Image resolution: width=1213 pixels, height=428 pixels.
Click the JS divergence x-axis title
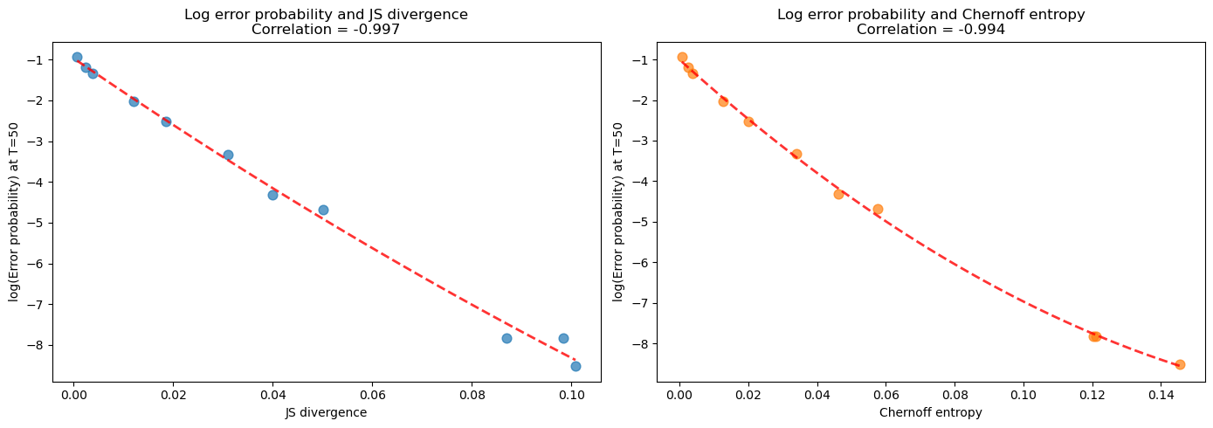click(x=326, y=412)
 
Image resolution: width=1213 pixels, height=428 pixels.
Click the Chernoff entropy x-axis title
click(x=930, y=412)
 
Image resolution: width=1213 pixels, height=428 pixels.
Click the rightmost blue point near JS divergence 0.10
click(x=575, y=366)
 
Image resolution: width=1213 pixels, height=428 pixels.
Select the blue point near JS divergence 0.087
click(x=507, y=338)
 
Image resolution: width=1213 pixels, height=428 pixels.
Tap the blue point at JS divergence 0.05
click(x=323, y=210)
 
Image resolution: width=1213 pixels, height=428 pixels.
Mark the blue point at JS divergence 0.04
click(x=272, y=195)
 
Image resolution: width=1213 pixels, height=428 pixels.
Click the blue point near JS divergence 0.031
click(x=228, y=155)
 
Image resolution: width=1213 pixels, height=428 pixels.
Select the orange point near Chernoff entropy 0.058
click(x=878, y=209)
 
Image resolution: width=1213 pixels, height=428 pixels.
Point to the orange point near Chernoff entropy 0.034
click(x=796, y=154)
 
